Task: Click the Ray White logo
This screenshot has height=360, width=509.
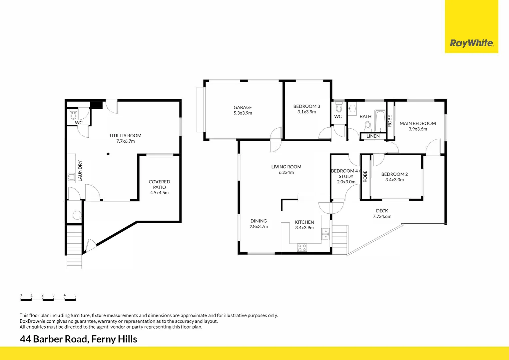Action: tap(471, 43)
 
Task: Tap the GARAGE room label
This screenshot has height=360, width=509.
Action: tap(243, 107)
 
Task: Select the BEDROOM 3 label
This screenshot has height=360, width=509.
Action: tap(306, 106)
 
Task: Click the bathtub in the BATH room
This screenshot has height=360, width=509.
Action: tap(380, 121)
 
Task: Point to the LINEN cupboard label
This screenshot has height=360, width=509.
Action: tap(373, 136)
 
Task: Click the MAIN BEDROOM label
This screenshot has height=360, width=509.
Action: tap(418, 123)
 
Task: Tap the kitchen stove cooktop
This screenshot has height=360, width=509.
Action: tap(302, 248)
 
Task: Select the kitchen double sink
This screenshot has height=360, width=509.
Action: tap(325, 234)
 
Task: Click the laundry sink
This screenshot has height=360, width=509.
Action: tap(71, 177)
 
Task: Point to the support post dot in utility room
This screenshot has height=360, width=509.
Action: tap(108, 154)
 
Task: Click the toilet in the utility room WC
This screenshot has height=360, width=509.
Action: tap(73, 115)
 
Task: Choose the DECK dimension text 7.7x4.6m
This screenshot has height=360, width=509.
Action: tap(382, 216)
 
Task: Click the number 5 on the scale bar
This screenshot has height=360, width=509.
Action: tap(76, 295)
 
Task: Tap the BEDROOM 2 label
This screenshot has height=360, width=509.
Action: tap(394, 174)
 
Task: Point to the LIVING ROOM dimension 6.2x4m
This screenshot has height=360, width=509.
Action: tap(286, 172)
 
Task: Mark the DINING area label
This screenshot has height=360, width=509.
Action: tap(258, 221)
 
